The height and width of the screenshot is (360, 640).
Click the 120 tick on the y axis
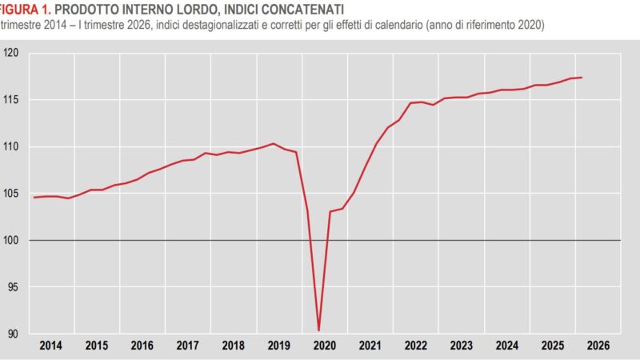click(x=11, y=54)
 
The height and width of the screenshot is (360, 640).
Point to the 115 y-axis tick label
click(x=11, y=100)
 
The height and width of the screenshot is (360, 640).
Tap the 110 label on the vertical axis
click(x=11, y=147)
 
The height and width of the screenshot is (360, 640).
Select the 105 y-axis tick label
click(x=11, y=194)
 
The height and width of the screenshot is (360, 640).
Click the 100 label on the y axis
click(x=11, y=240)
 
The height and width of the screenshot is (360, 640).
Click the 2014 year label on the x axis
click(x=50, y=346)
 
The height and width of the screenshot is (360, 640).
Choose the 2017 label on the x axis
click(x=187, y=346)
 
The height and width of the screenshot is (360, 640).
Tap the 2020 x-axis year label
click(x=324, y=346)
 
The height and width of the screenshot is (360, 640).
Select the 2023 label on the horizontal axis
click(x=461, y=346)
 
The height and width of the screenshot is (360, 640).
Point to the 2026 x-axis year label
click(x=598, y=346)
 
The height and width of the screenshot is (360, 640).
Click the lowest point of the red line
click(x=319, y=330)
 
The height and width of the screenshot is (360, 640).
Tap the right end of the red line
click(x=581, y=78)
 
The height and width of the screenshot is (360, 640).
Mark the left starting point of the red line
click(x=34, y=197)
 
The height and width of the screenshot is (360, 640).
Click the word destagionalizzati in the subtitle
click(x=238, y=25)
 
